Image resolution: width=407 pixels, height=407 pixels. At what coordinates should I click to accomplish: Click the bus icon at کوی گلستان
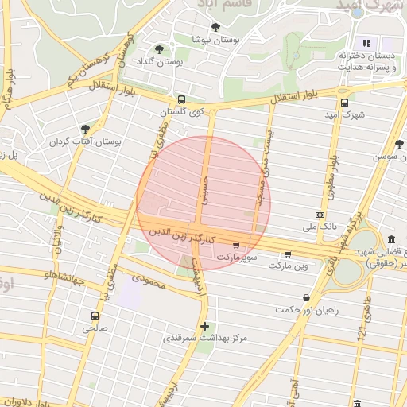click(x=182, y=99)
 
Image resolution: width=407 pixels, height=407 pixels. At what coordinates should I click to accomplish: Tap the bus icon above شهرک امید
click(x=344, y=102)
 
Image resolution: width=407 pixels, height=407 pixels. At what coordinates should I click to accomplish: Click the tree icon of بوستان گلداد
click(x=159, y=49)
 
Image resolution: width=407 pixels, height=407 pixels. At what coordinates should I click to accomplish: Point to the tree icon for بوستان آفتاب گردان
click(x=85, y=128)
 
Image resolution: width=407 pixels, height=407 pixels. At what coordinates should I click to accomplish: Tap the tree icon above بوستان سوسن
click(x=398, y=144)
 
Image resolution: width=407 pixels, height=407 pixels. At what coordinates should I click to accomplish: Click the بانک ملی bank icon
click(x=320, y=215)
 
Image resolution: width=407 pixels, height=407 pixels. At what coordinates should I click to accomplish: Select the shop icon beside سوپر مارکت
click(x=235, y=245)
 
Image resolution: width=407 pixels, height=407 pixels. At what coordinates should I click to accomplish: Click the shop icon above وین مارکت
click(x=287, y=254)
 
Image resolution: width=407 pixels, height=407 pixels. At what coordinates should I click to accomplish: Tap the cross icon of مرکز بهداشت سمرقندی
click(x=204, y=326)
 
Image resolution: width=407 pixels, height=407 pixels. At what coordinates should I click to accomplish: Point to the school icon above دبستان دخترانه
click(x=366, y=43)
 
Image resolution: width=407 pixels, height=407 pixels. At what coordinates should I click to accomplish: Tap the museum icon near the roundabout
click(x=391, y=240)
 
